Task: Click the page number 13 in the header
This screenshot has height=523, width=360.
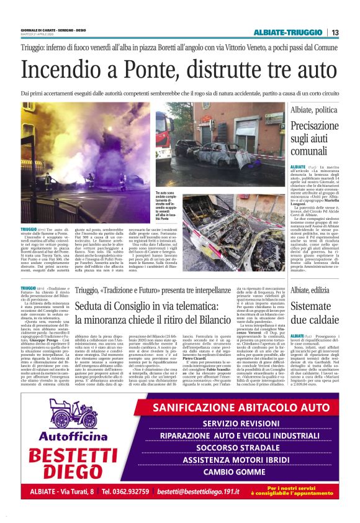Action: [335, 32]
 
